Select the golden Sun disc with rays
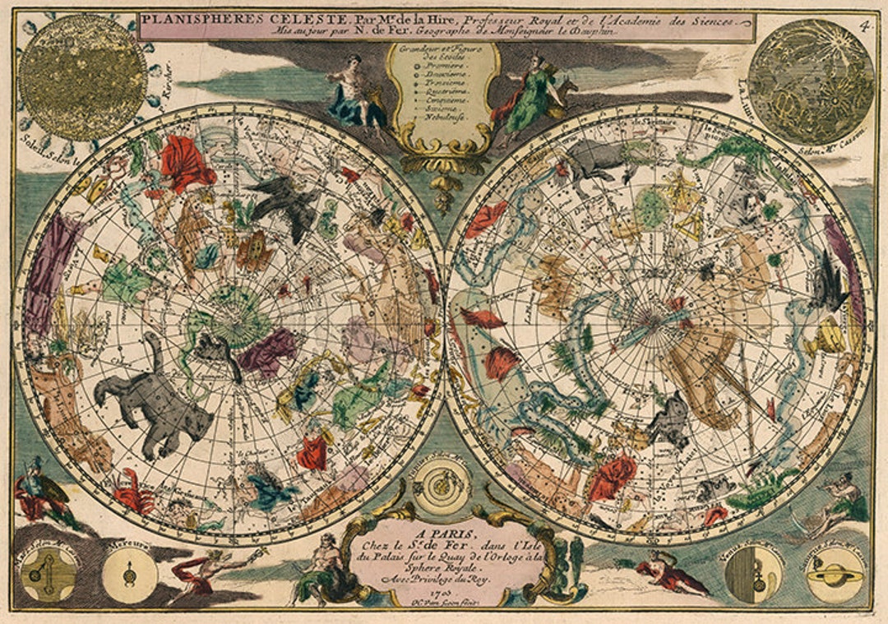pyautogui.click(x=82, y=77)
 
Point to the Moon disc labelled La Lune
pyautogui.click(x=811, y=81)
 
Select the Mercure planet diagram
pyautogui.click(x=129, y=575)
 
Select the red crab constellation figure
pyautogui.click(x=133, y=492)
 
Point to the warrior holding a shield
pyautogui.click(x=41, y=493)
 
